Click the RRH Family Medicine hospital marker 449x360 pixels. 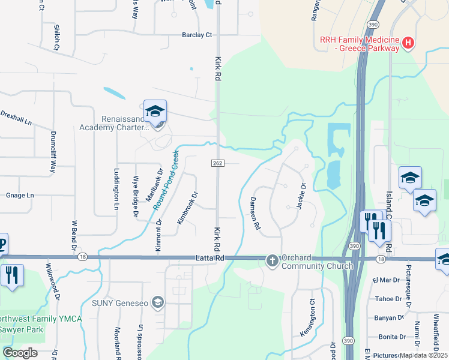click(409, 43)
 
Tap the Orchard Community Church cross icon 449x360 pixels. click(273, 260)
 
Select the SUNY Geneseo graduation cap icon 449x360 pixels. click(158, 302)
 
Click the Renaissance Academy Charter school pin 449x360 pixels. click(155, 112)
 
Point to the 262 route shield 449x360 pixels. click(217, 164)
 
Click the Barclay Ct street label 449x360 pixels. click(197, 35)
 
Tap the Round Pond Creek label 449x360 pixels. click(166, 180)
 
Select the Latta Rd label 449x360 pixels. click(209, 258)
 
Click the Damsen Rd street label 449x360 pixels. click(255, 214)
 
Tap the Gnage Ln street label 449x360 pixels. click(20, 196)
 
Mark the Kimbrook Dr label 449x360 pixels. click(187, 208)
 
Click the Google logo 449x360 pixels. click(20, 352)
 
